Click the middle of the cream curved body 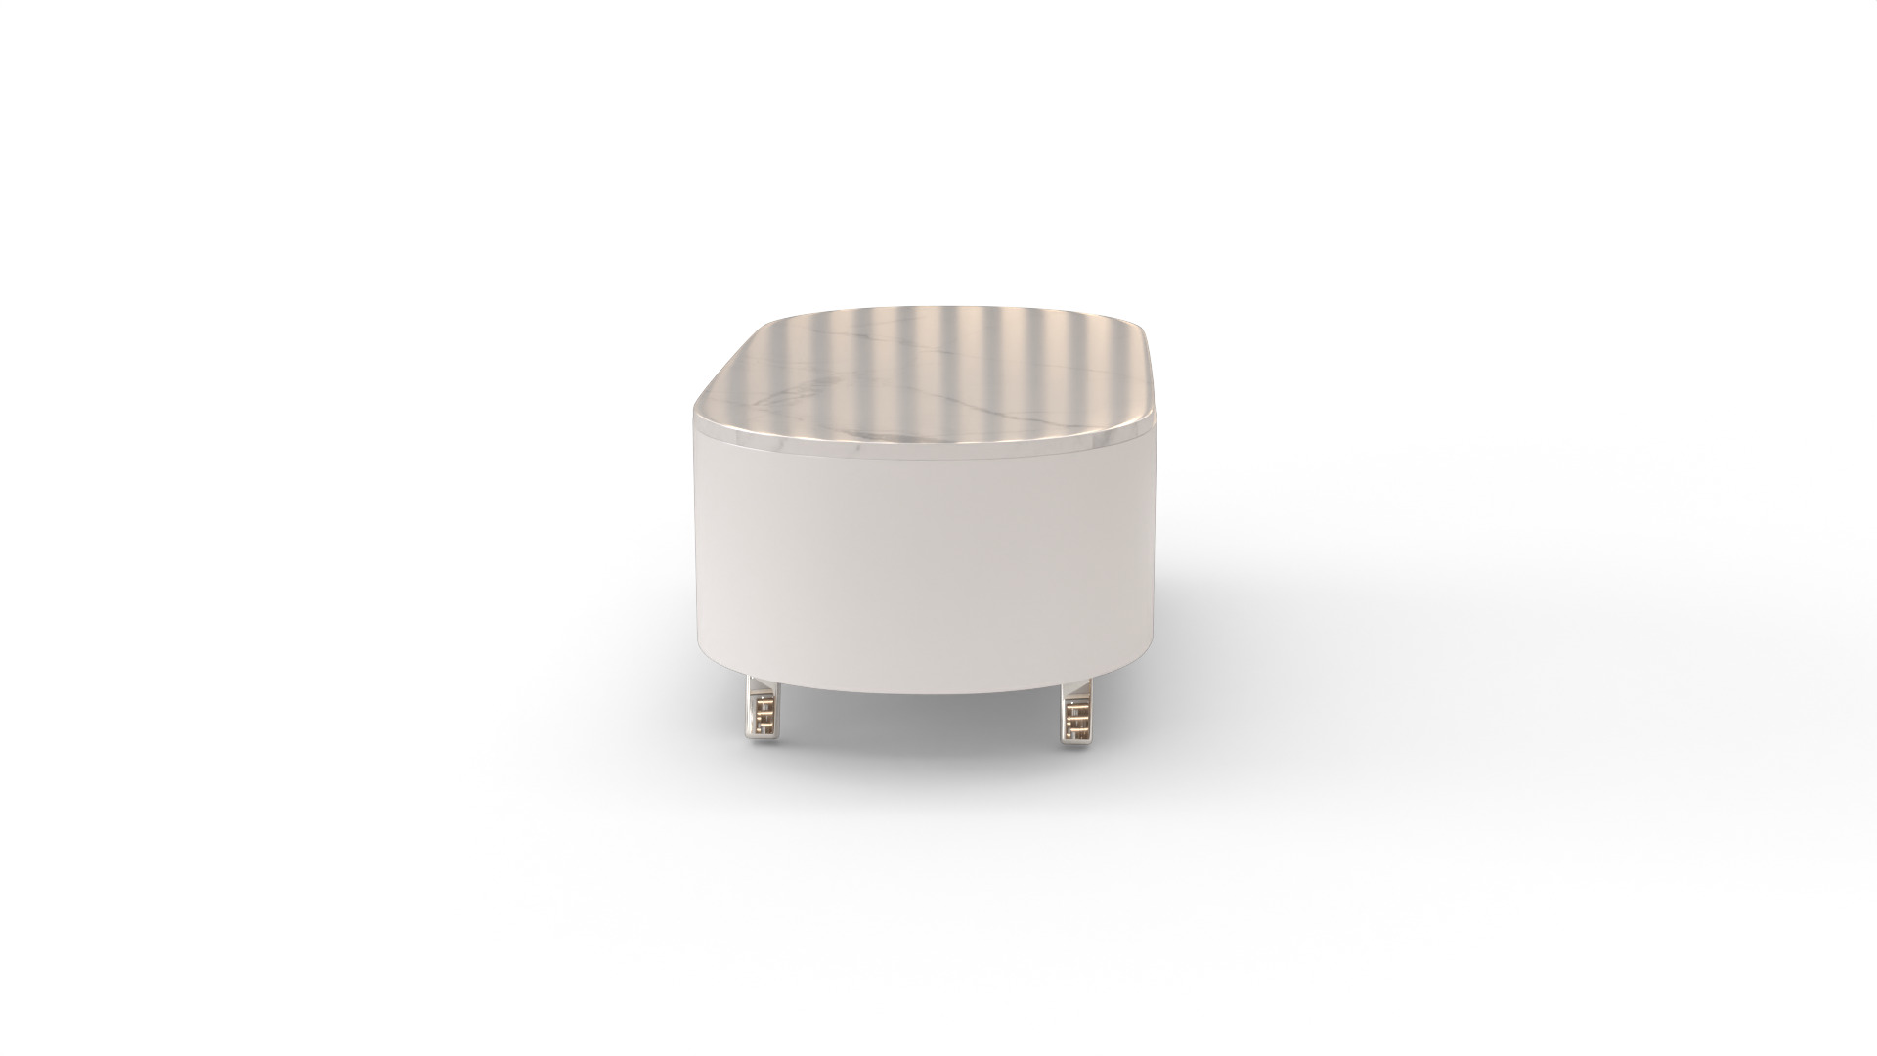pos(929,567)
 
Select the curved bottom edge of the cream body pos(929,692)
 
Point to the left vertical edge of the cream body pos(699,548)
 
